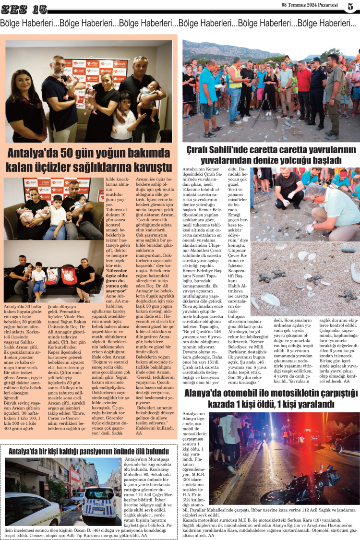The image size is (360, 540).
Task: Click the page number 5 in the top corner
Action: pyautogui.click(x=350, y=6)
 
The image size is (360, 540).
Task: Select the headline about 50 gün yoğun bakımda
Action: pyautogui.click(x=90, y=160)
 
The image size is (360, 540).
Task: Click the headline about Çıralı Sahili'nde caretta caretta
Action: pyautogui.click(x=271, y=155)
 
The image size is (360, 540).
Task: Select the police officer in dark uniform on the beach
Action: pyautogui.click(x=317, y=89)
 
